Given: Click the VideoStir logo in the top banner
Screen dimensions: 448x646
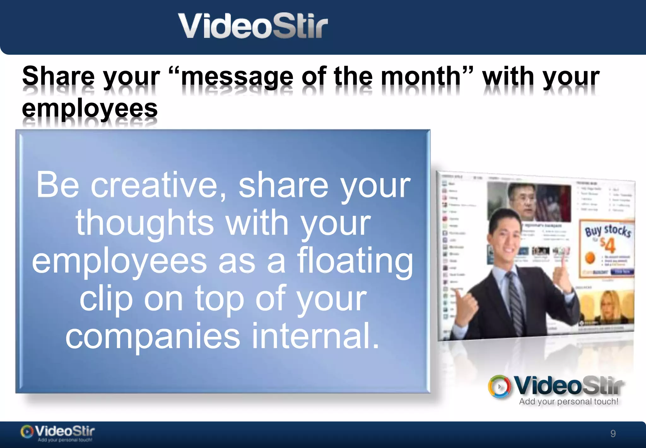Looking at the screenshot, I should pos(253,26).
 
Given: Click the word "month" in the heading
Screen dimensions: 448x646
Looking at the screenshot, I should pos(421,76).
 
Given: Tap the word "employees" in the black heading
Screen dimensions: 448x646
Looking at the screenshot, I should pos(90,108).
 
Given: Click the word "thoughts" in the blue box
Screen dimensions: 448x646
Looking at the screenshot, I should pos(145,223).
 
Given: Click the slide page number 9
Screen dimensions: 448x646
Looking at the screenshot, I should pos(613,433).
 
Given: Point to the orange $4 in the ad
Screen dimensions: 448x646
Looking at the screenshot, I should pos(608,245).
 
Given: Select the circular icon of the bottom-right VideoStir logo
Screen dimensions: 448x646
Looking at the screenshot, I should pos(499,386).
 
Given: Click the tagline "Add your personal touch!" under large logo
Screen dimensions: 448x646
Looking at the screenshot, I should pos(568,402).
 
